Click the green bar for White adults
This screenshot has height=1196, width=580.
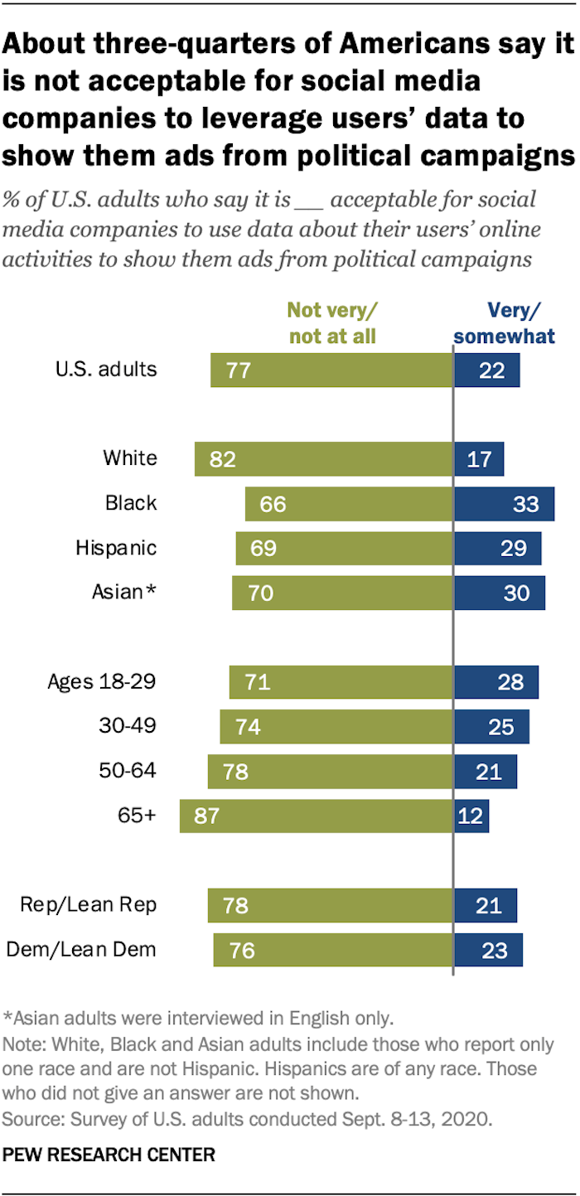323,458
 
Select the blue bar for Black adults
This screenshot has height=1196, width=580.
504,503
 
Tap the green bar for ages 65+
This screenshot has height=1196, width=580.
316,816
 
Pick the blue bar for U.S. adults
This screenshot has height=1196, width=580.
486,370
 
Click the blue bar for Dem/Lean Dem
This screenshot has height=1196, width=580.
488,949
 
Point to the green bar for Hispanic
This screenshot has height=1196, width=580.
344,548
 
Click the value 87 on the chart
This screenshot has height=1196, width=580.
206,816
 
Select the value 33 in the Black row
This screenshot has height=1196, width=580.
525,503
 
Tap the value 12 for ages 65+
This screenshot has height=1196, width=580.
470,816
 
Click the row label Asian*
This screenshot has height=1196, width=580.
124,593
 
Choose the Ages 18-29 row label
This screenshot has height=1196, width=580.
102,682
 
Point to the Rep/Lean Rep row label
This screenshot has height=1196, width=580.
89,904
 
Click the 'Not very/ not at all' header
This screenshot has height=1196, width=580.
331,323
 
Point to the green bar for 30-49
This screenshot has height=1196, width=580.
336,726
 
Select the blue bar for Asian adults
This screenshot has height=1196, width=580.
499,593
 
